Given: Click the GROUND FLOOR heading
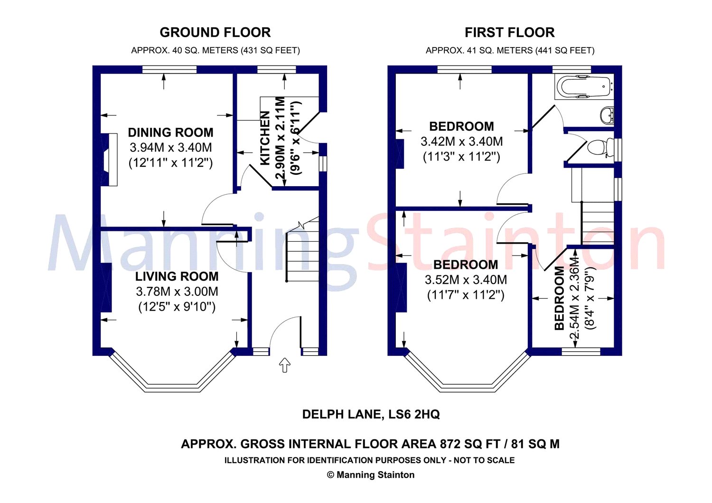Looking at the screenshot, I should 215,32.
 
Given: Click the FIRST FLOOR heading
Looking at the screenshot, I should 509,32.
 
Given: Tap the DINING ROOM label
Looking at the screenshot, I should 170,133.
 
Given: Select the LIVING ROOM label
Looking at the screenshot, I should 177,276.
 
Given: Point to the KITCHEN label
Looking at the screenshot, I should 265,138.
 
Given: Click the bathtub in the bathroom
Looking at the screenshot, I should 583,87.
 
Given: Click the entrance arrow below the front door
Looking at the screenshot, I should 284,365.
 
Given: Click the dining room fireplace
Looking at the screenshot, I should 111,159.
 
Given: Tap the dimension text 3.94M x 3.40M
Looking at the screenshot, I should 170,148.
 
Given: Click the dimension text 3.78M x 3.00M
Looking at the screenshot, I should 177,292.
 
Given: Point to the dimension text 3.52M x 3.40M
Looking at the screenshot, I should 465,280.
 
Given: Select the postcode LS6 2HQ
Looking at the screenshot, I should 414,414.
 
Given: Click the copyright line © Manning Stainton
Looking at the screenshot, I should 371,475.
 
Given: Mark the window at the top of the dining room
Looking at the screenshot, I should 169,70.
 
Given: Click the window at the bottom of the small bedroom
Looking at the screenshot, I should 581,351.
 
